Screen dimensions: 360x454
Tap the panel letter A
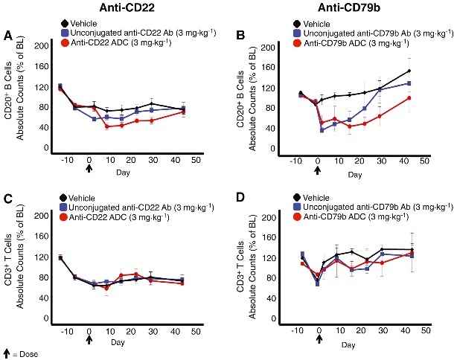coord(8,36)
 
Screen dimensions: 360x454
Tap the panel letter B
coord(237,36)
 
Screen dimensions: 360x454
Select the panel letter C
coord(8,199)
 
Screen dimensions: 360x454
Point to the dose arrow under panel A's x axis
coord(89,169)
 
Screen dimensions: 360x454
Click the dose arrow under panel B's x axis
coord(318,170)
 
